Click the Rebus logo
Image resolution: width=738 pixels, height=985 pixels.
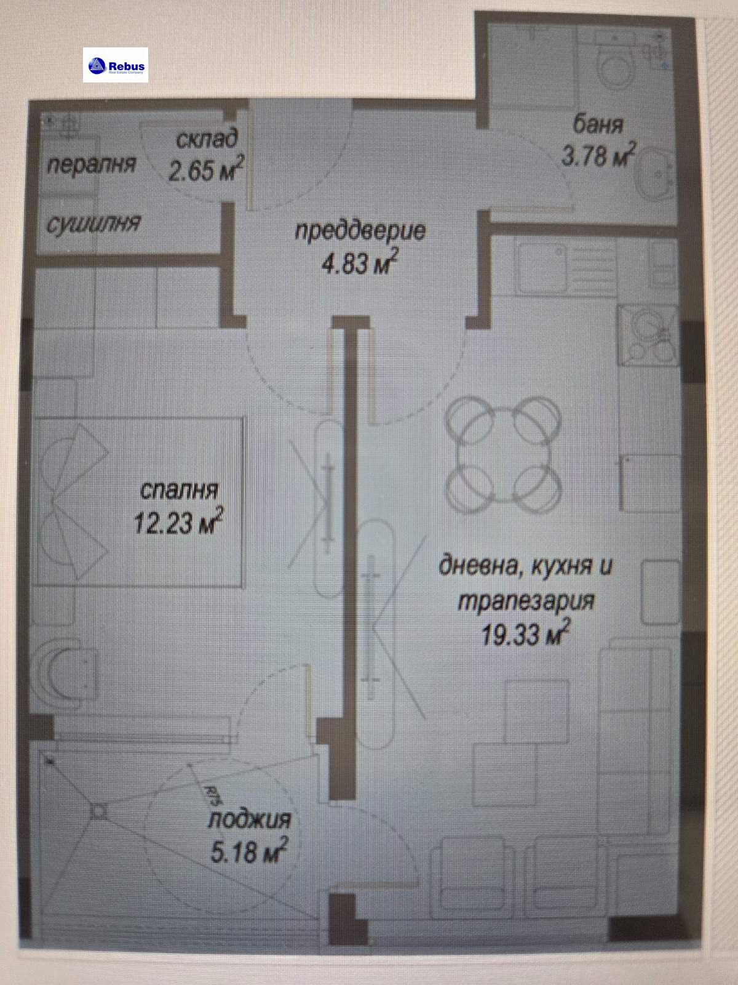point(116,65)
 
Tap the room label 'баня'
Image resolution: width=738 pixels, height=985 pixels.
point(598,124)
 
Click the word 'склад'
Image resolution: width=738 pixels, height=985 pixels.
point(207,139)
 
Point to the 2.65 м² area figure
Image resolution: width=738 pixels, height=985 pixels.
point(206,170)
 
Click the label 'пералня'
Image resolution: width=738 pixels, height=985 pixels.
point(91,164)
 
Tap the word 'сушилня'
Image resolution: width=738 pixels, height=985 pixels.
point(93,223)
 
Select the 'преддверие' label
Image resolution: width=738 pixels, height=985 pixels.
point(360,231)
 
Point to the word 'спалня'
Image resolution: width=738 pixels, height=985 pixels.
point(179,490)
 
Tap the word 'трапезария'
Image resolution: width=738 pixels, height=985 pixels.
point(526,600)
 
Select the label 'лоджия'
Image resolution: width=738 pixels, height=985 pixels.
point(249,819)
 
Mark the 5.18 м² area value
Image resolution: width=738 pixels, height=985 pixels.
point(249,852)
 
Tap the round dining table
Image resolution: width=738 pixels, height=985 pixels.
point(503,455)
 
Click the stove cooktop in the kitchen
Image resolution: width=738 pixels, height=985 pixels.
point(649,336)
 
